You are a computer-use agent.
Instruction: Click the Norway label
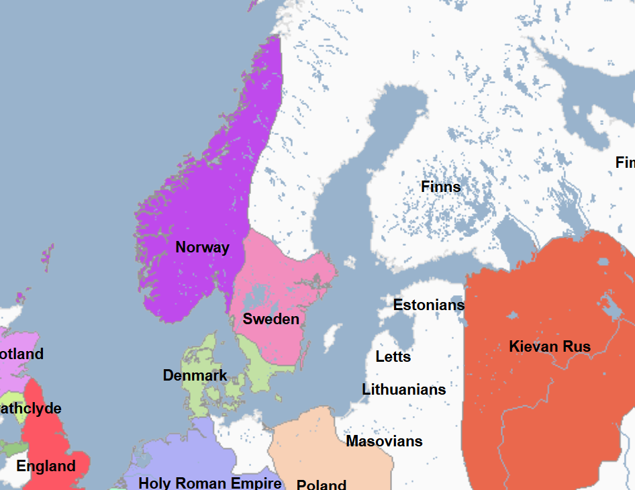(x=202, y=247)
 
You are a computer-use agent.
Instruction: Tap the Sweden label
(x=271, y=319)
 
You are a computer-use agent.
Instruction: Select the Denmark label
(x=195, y=375)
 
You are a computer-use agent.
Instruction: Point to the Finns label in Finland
(x=440, y=187)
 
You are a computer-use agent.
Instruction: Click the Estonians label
(x=428, y=305)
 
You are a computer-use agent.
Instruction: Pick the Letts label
(x=393, y=356)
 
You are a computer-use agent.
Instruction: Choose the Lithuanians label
(x=403, y=389)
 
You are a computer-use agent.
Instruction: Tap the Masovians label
(x=384, y=441)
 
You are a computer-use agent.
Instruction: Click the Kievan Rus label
(x=550, y=346)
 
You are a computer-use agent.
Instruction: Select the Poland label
(x=322, y=484)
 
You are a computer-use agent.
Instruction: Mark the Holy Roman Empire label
(x=209, y=483)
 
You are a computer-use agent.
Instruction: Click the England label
(x=46, y=466)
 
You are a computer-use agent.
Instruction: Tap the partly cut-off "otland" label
(x=21, y=354)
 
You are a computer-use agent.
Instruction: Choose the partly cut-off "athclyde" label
(x=30, y=408)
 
